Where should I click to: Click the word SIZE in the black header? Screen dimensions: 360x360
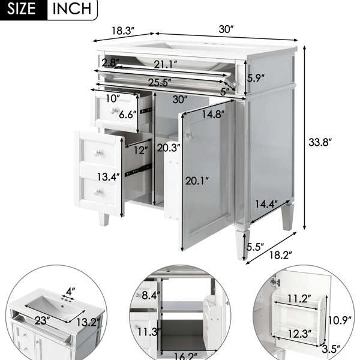[x=22, y=9]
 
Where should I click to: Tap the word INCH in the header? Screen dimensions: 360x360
[x=72, y=9]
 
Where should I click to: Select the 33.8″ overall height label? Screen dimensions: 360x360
[x=320, y=142]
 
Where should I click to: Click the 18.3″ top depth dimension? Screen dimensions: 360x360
[x=123, y=31]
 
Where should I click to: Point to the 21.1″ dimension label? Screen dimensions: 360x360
[x=166, y=65]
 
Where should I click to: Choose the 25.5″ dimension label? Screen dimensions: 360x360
[x=160, y=82]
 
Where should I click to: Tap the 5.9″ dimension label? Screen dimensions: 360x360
[x=256, y=78]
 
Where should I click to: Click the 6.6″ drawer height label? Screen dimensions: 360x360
[x=127, y=114]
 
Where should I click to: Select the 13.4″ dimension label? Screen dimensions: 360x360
[x=108, y=177]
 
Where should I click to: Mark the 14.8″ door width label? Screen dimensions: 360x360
[x=213, y=114]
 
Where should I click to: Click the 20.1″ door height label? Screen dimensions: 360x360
[x=197, y=181]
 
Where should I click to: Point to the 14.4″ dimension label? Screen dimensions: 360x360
[x=266, y=203]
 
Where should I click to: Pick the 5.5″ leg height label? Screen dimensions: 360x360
[x=256, y=247]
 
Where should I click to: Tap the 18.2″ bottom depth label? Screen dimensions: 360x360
[x=281, y=255]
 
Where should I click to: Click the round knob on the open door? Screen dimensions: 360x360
[x=190, y=135]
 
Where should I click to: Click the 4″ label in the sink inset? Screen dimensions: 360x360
[x=70, y=292]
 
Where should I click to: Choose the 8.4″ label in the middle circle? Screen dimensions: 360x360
[x=151, y=295]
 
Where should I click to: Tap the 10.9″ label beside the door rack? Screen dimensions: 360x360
[x=340, y=320]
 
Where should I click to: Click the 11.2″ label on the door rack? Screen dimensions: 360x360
[x=299, y=299]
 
